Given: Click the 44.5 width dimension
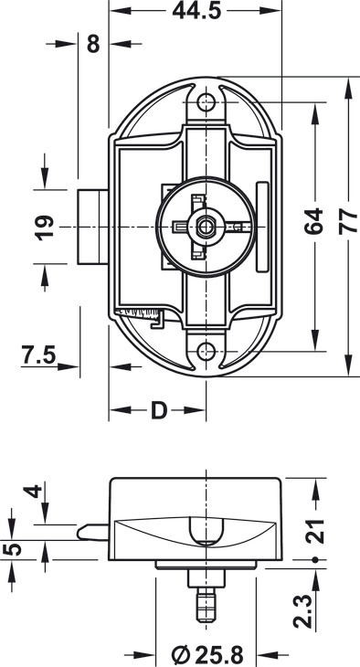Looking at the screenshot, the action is point(196,11).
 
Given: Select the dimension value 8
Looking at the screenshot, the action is point(93,43).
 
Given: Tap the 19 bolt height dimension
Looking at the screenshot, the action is point(45,228).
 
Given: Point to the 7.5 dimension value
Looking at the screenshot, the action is point(39,355).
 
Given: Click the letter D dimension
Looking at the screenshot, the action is point(159,410).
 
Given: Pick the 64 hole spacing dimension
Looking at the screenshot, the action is point(313,221).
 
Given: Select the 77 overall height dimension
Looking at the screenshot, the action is point(348,221).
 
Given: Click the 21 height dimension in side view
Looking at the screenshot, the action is point(315,531).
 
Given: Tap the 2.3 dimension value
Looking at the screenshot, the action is point(302,611).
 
